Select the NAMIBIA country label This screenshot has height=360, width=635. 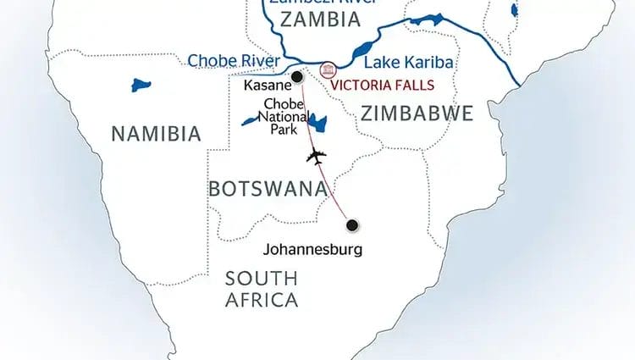point(157,133)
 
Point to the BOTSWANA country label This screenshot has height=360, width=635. point(267,188)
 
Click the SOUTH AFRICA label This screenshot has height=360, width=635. point(261,289)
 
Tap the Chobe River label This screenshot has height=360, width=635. point(233,61)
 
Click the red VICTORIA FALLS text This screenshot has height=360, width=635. point(382,85)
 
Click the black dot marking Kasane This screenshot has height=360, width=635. point(297,77)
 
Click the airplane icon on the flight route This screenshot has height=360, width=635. point(317,157)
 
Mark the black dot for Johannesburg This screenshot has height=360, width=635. point(352,224)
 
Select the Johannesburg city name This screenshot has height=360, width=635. point(313,250)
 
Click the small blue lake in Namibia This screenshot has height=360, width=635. point(139,85)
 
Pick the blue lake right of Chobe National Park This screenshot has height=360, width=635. point(317,124)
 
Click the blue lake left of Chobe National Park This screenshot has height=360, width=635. point(248,122)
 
